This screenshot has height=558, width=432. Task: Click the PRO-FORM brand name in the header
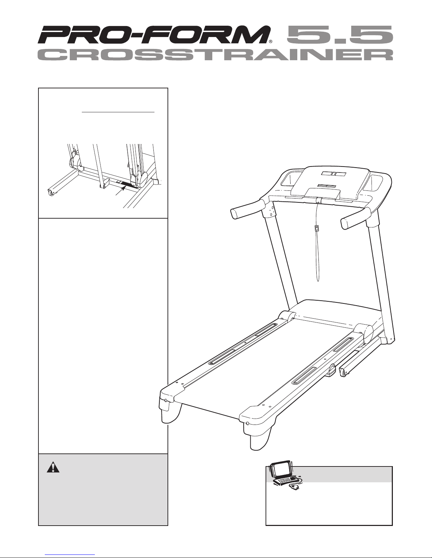point(152,36)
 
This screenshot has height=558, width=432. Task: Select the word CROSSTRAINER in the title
point(215,55)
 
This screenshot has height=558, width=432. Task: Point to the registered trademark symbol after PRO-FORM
point(270,41)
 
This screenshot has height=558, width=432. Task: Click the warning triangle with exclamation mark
point(53,467)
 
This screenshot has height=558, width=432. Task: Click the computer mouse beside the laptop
point(294,487)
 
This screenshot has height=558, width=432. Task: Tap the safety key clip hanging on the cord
point(317,228)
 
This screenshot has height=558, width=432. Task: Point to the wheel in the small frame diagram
point(51,192)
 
